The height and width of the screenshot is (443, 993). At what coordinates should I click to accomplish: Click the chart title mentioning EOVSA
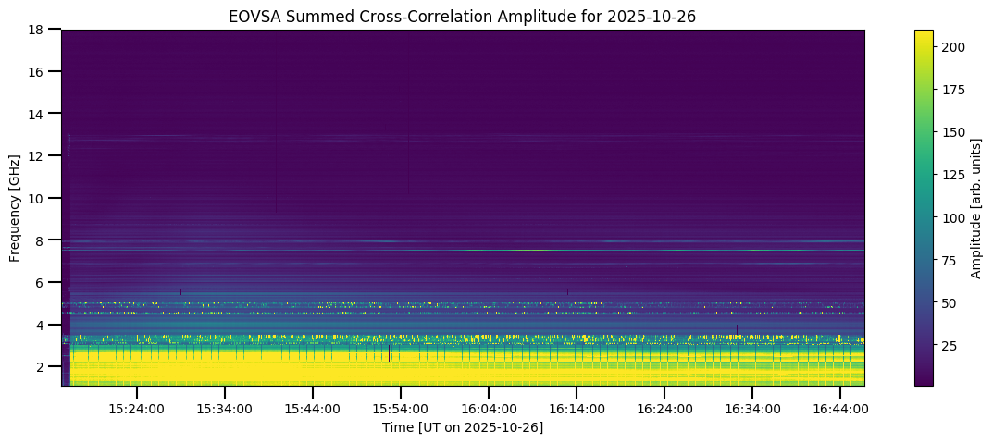463,16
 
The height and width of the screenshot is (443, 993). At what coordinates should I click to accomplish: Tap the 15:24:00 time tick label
136,408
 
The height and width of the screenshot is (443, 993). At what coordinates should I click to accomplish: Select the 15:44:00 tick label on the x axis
313,408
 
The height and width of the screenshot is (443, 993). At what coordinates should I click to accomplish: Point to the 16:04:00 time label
489,408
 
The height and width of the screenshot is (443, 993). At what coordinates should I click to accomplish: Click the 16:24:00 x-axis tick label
664,408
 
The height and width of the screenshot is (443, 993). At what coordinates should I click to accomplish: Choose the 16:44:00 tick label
840,408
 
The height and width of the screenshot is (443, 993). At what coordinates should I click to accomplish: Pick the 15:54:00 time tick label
401,408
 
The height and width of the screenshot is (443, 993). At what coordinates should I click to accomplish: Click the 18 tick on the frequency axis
37,30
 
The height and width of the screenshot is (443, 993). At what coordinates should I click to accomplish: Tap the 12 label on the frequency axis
37,156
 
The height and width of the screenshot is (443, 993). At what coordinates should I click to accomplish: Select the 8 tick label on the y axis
41,240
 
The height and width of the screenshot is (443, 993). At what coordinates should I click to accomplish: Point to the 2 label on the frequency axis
41,367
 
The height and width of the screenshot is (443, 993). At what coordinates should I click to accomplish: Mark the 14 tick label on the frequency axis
37,114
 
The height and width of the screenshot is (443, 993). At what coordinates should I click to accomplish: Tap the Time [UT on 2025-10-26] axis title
463,427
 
